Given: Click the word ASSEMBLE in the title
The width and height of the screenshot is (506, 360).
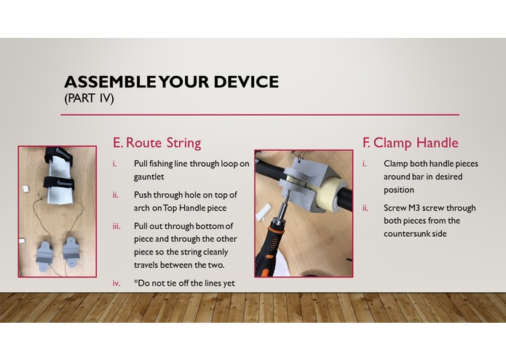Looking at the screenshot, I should pos(106,82).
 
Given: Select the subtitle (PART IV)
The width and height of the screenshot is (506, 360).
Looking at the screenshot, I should pos(90,98).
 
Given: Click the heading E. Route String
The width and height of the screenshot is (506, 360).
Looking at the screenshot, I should pos(157,143).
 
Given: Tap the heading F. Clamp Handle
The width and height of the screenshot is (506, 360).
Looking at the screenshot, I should pos(410,143).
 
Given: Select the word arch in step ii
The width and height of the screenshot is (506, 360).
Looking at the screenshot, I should pos(143,208).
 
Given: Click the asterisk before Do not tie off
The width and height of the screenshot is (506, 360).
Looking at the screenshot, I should pos(135,283).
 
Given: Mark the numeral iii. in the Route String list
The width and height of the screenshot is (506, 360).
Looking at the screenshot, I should pos(116,226).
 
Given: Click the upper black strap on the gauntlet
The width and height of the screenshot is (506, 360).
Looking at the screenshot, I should pos(55,155).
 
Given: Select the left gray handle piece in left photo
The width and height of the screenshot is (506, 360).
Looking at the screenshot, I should pos(44,252).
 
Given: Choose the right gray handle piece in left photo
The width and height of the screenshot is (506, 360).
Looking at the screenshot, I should pos(73,250).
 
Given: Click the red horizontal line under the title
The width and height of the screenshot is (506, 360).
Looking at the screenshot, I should pos(261,114).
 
